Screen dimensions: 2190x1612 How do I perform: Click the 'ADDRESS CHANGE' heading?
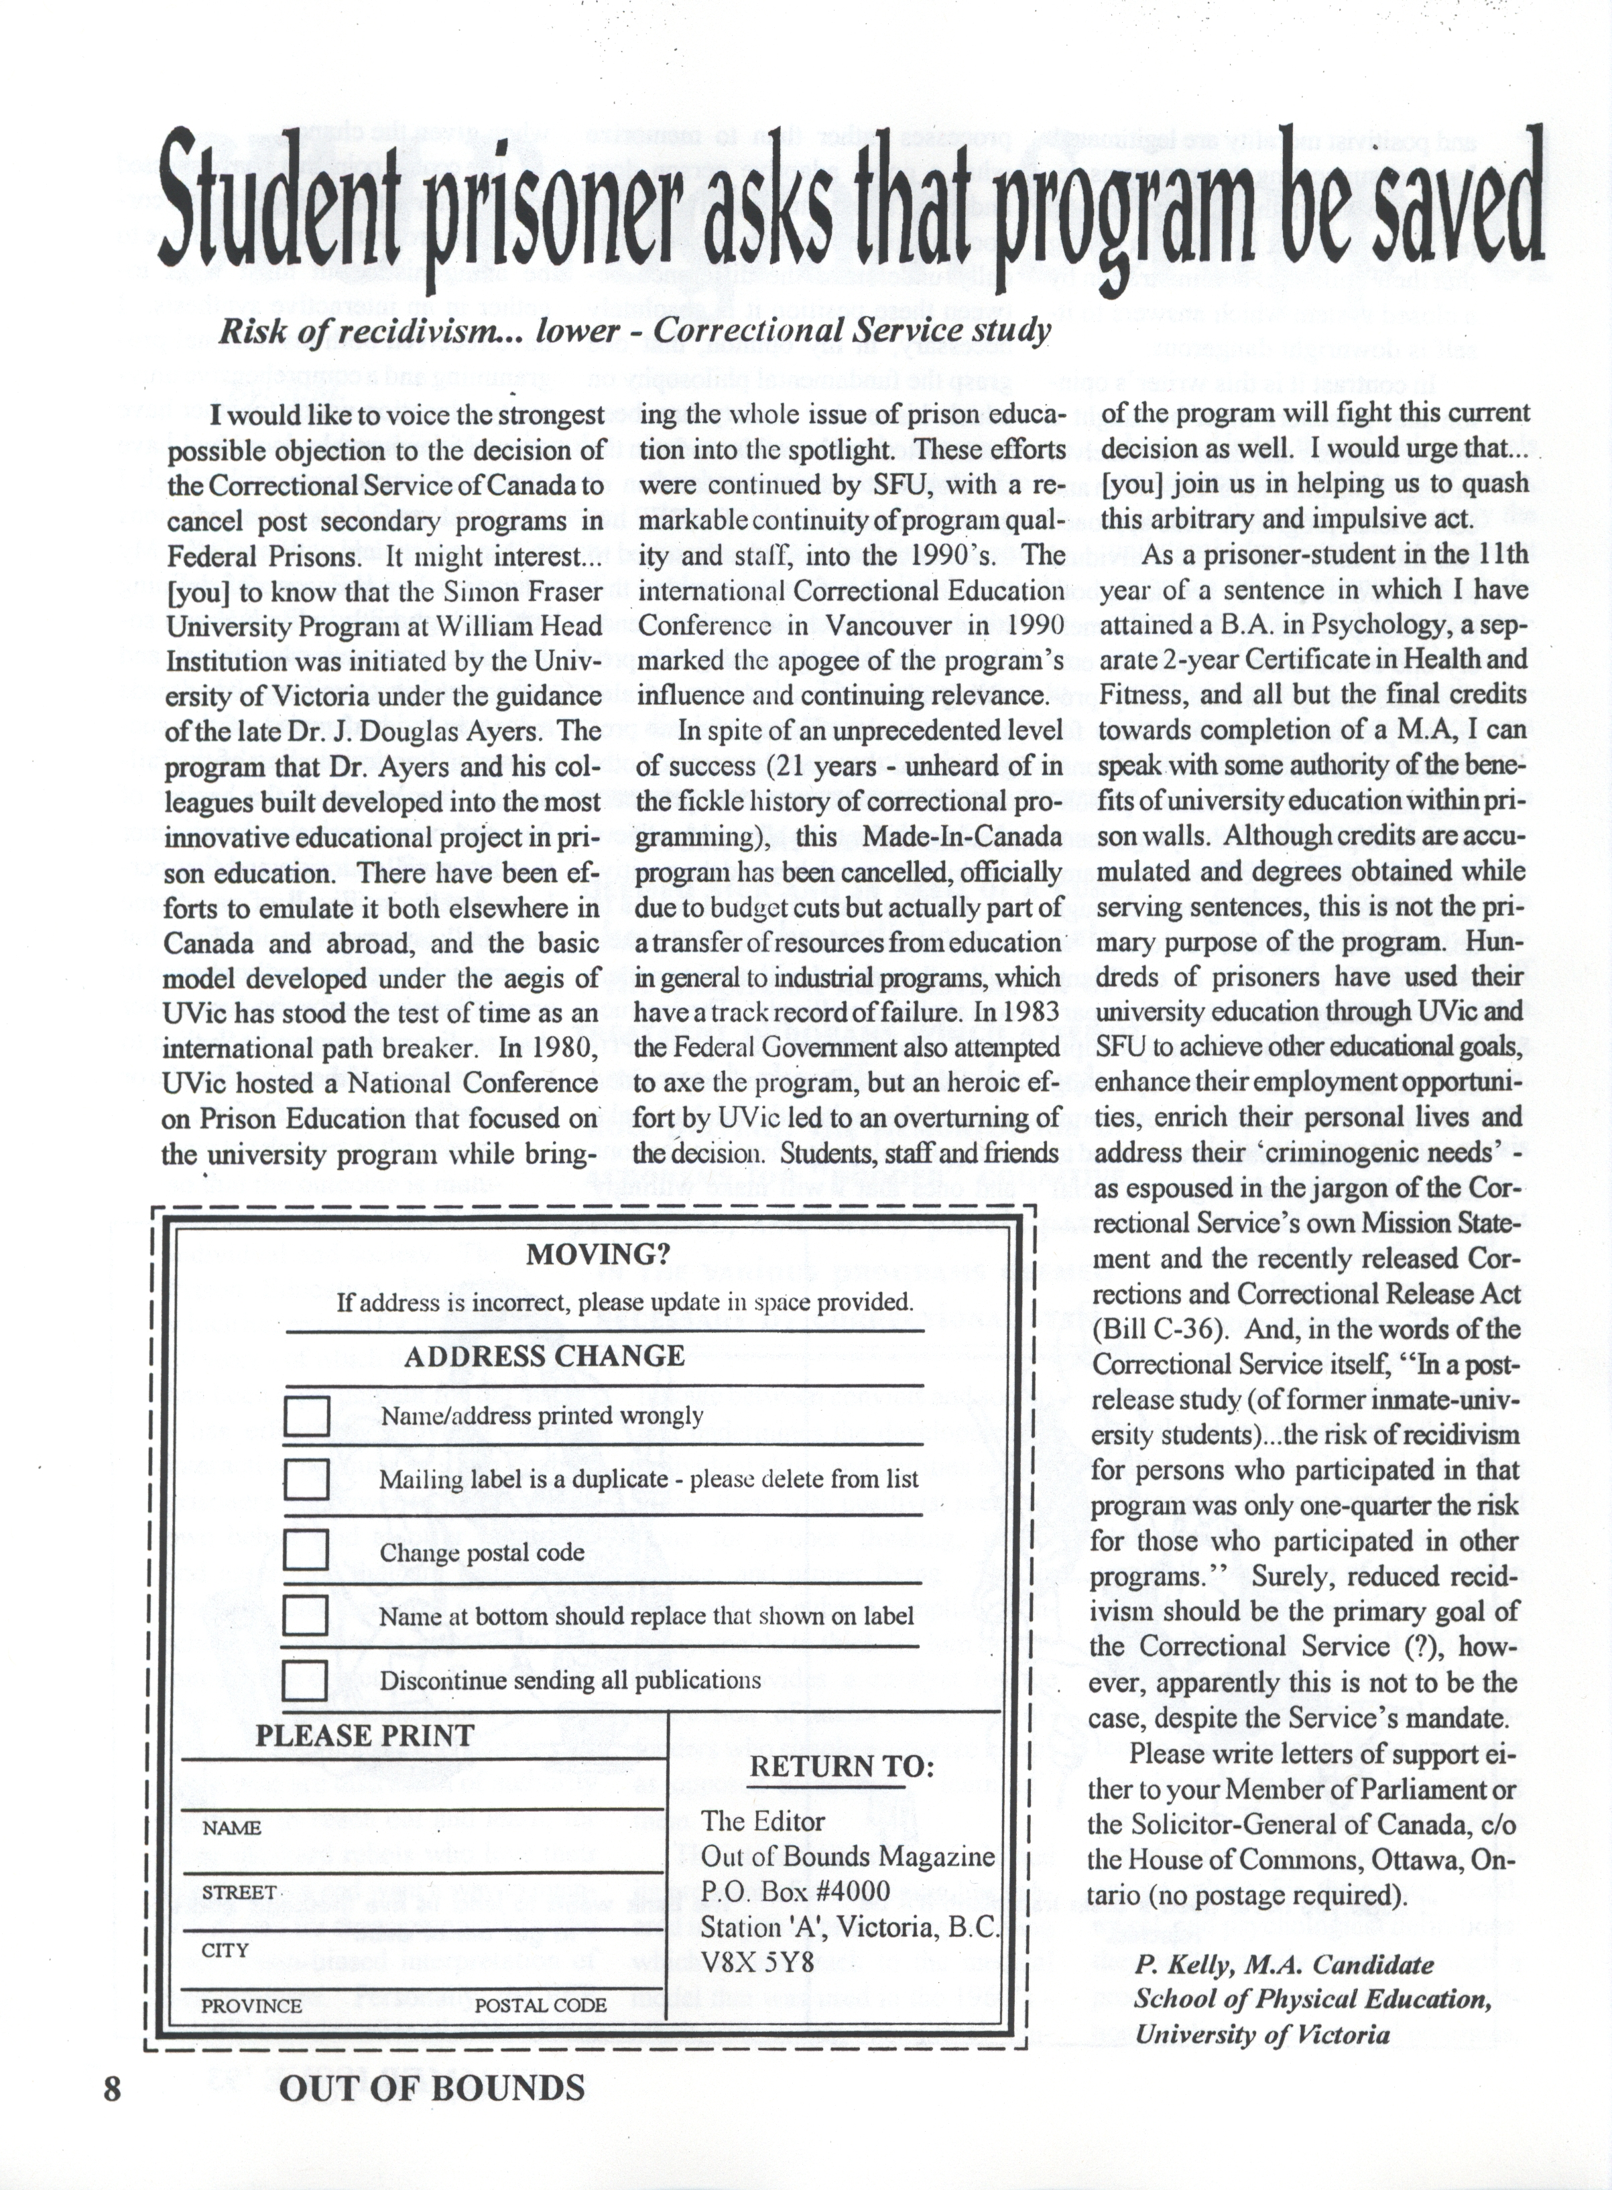coord(544,1356)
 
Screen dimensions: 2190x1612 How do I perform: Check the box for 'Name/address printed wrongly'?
coord(306,1417)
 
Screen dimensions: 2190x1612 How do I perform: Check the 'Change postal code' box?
coord(306,1549)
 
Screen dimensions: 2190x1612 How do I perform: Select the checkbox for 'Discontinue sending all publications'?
coord(306,1680)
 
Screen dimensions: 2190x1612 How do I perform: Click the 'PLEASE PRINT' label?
coord(364,1736)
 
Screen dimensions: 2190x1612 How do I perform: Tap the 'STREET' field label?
coord(238,1892)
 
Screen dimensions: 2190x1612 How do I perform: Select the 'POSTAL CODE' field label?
coord(541,2006)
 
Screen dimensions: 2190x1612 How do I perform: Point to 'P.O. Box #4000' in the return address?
coord(795,1892)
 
